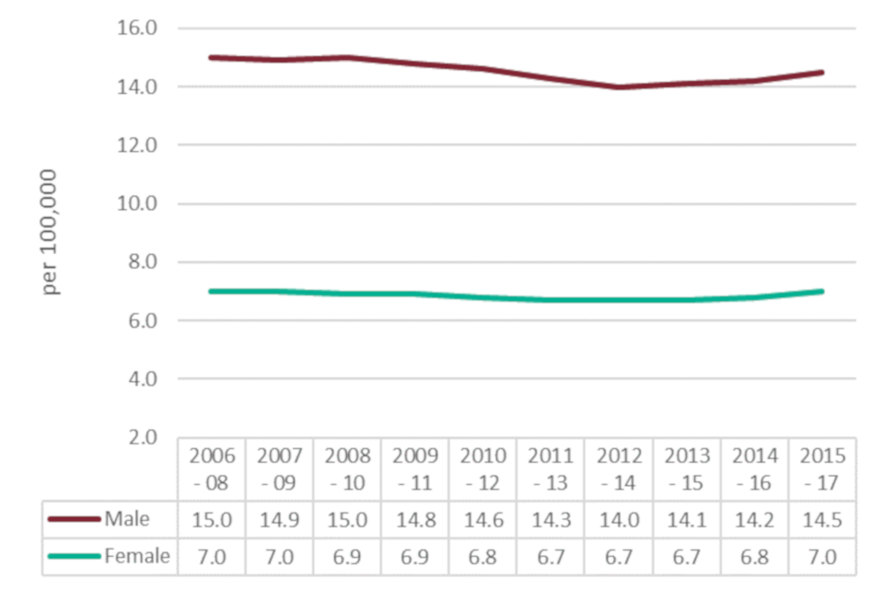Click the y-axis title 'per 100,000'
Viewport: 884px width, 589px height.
(52, 232)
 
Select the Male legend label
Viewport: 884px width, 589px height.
(127, 518)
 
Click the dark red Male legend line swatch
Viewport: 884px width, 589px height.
(75, 519)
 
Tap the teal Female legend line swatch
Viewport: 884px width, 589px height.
(75, 557)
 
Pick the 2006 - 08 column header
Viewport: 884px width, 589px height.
(212, 469)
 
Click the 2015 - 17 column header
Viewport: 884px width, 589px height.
(822, 469)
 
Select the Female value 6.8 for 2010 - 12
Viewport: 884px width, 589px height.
(483, 556)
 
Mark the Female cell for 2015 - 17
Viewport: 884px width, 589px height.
(822, 556)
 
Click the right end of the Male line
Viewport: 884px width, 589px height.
(821, 72)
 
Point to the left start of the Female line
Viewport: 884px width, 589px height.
(212, 291)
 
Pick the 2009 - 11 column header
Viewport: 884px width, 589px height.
(415, 469)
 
